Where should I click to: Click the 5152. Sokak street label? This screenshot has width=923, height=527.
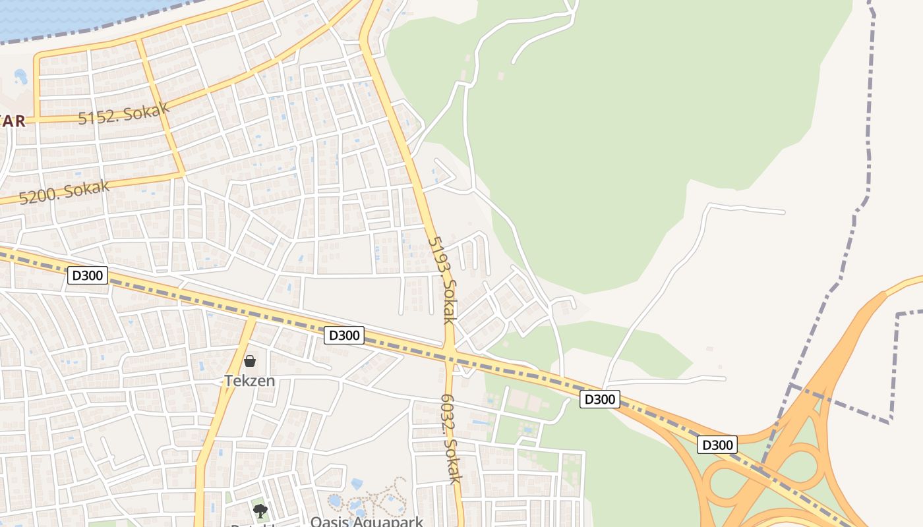123,113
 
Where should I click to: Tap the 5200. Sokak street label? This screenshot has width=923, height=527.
64,192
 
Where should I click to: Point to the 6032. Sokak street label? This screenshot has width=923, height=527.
451,439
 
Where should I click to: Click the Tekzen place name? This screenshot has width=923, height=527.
249,381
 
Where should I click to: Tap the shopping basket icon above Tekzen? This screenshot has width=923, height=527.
250,361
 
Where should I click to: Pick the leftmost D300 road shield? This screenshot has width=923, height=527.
88,275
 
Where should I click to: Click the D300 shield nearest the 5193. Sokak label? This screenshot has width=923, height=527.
344,335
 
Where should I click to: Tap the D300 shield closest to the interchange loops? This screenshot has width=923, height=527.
717,445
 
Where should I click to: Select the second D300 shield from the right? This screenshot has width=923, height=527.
600,399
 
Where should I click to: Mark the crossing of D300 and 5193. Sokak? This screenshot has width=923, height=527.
450,356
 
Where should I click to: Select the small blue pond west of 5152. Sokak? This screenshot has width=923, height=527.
20,76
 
